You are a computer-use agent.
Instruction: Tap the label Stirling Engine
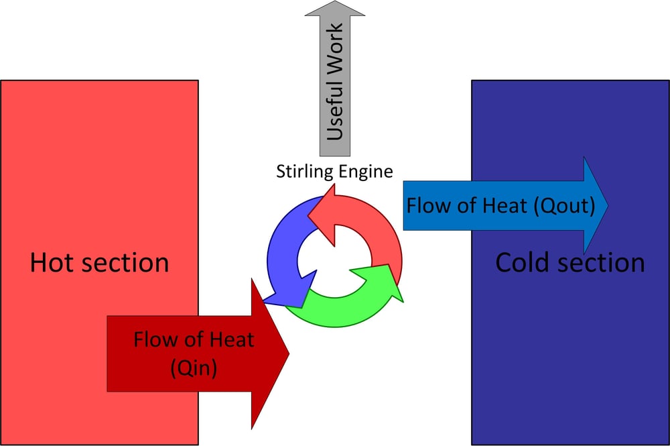334,171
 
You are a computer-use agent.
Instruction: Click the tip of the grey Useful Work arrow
334,3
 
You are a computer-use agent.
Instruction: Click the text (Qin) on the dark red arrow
194,368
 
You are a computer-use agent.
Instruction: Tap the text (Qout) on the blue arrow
564,205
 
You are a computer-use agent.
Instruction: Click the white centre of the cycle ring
334,258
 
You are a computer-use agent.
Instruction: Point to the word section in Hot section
127,262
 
